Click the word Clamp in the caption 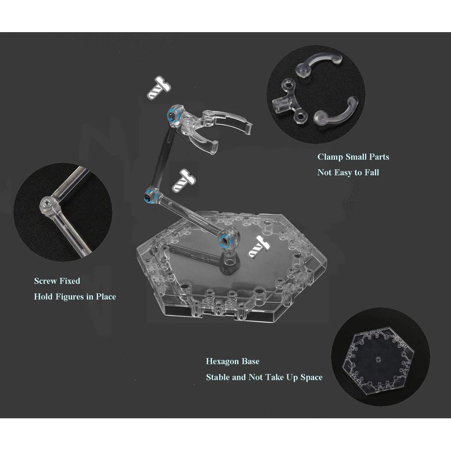click(x=330, y=157)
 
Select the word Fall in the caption click(x=372, y=173)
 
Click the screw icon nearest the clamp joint click(x=159, y=87)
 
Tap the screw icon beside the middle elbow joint click(x=184, y=180)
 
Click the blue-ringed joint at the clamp click(x=173, y=116)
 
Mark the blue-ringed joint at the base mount click(x=224, y=239)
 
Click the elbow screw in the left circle click(x=47, y=205)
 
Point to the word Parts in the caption click(x=379, y=157)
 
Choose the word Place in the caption click(x=106, y=297)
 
